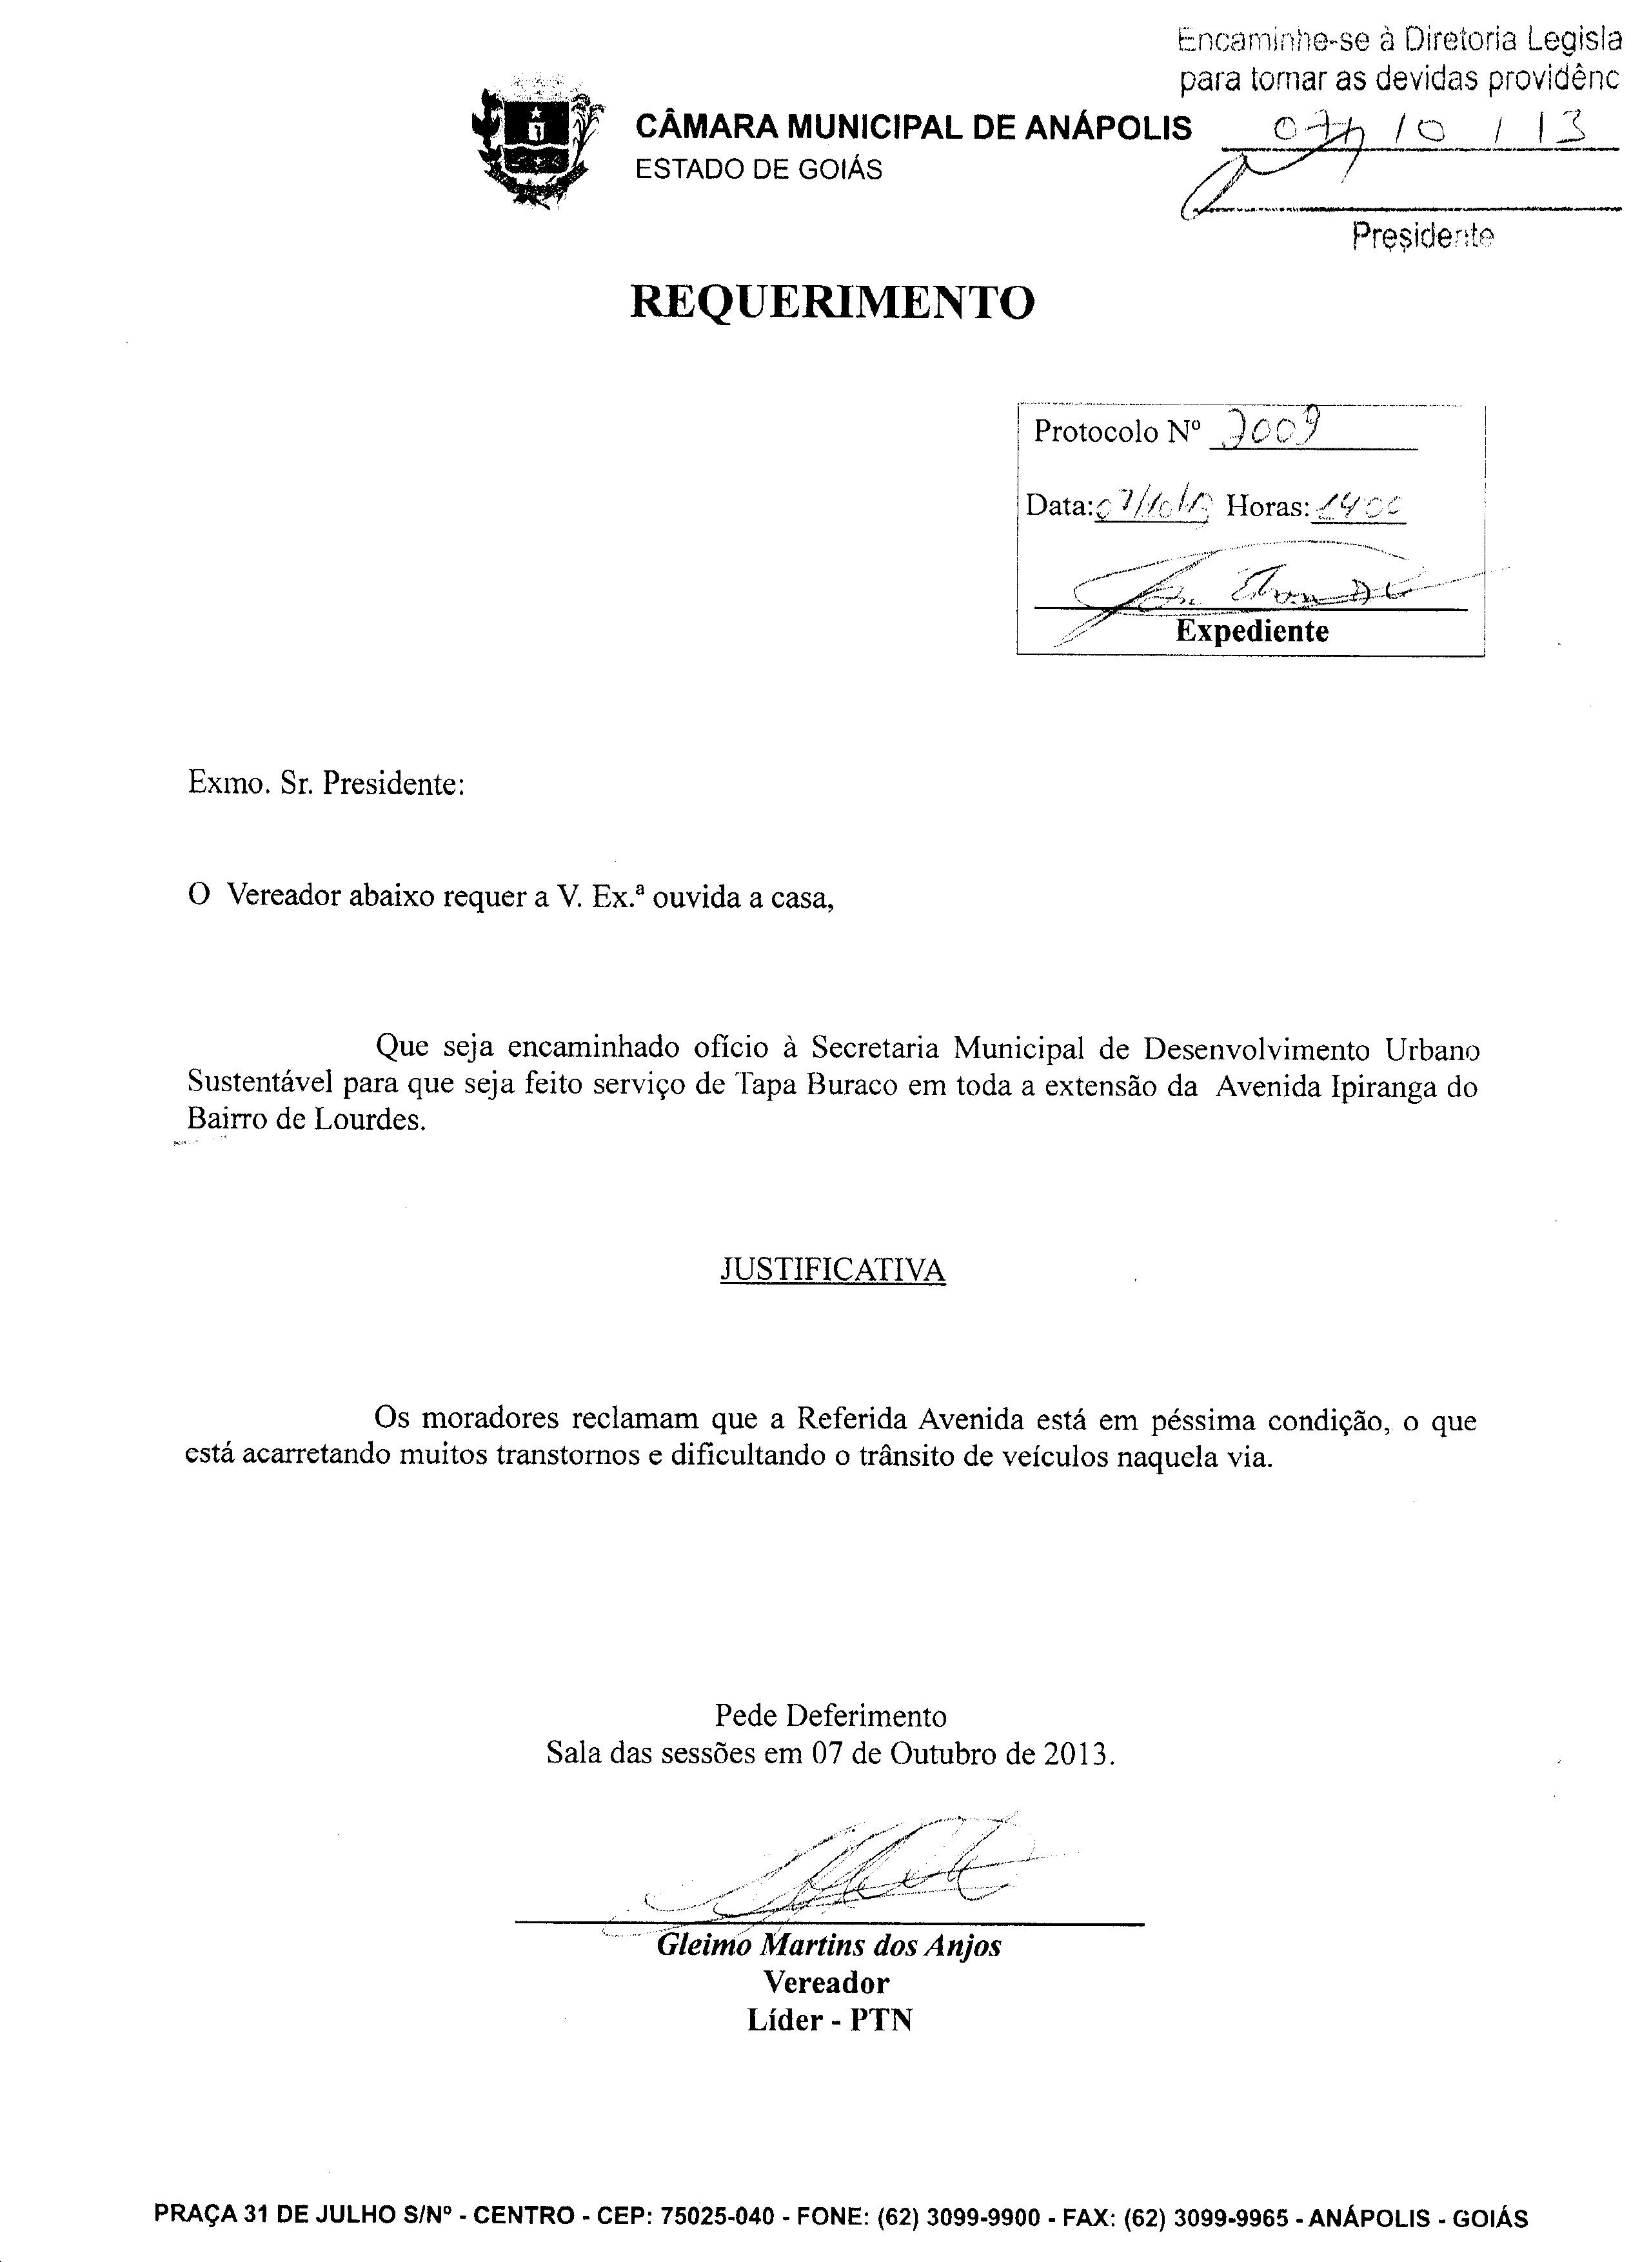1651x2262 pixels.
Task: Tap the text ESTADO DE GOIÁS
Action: [760, 170]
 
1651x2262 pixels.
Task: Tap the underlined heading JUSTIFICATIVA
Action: [833, 1270]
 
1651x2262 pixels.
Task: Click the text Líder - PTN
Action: [829, 2019]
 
